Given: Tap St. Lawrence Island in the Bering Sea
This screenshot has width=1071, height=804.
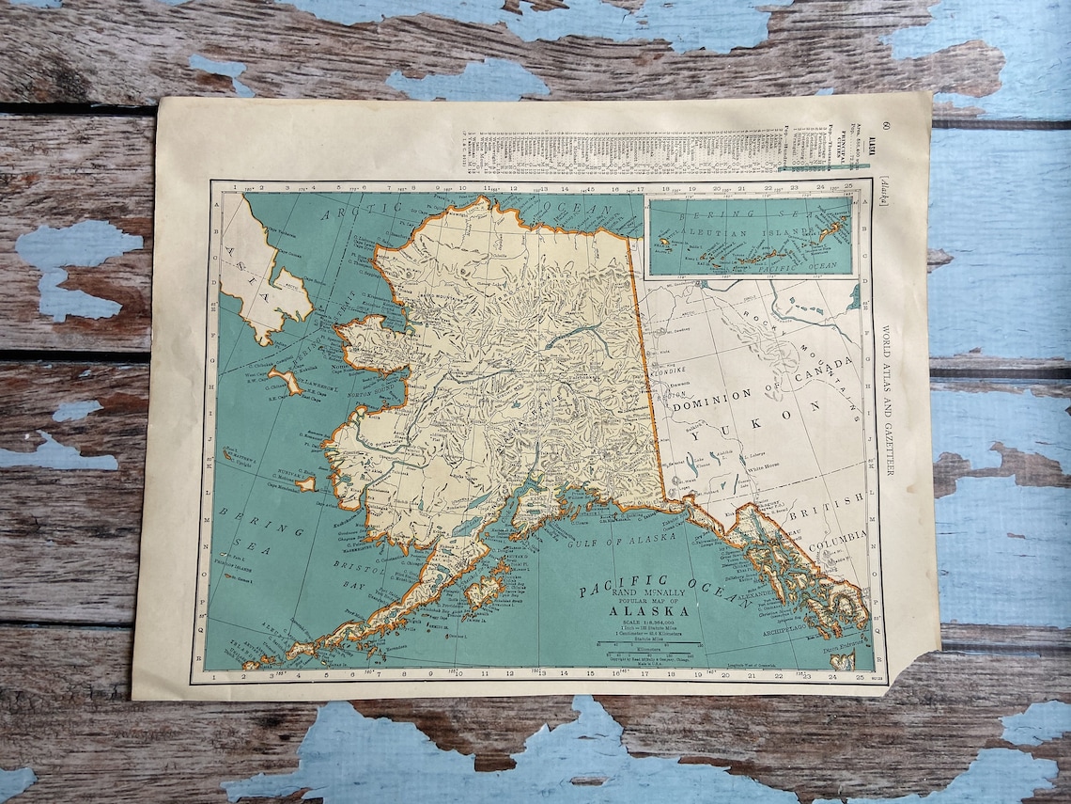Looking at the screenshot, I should (285, 381).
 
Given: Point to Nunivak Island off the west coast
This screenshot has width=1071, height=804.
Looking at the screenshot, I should (306, 483).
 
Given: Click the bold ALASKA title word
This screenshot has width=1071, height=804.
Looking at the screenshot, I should (637, 610).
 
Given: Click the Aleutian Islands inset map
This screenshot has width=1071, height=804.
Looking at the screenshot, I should (750, 236).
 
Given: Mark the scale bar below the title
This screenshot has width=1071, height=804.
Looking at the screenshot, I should (648, 644).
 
